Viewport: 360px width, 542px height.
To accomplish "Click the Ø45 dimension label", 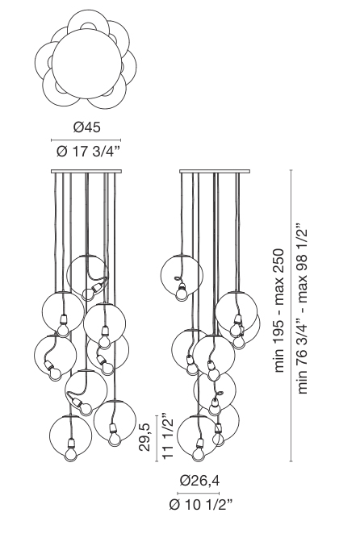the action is pos(86,127).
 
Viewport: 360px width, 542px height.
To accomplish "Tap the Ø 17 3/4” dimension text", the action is pos(87,152).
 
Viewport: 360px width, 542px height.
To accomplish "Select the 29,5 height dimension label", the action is pos(145,438).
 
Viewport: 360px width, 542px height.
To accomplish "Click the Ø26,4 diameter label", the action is pos(199,481).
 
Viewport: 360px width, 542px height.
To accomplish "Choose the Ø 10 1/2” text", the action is pos(201,505).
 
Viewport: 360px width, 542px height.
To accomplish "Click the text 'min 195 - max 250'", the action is pos(278,311).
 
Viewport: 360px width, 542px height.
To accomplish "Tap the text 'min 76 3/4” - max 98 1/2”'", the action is pos(302,310).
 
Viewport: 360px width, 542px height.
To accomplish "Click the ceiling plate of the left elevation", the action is pos(86,171).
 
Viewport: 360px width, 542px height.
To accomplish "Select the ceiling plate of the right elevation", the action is pos(215,171).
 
